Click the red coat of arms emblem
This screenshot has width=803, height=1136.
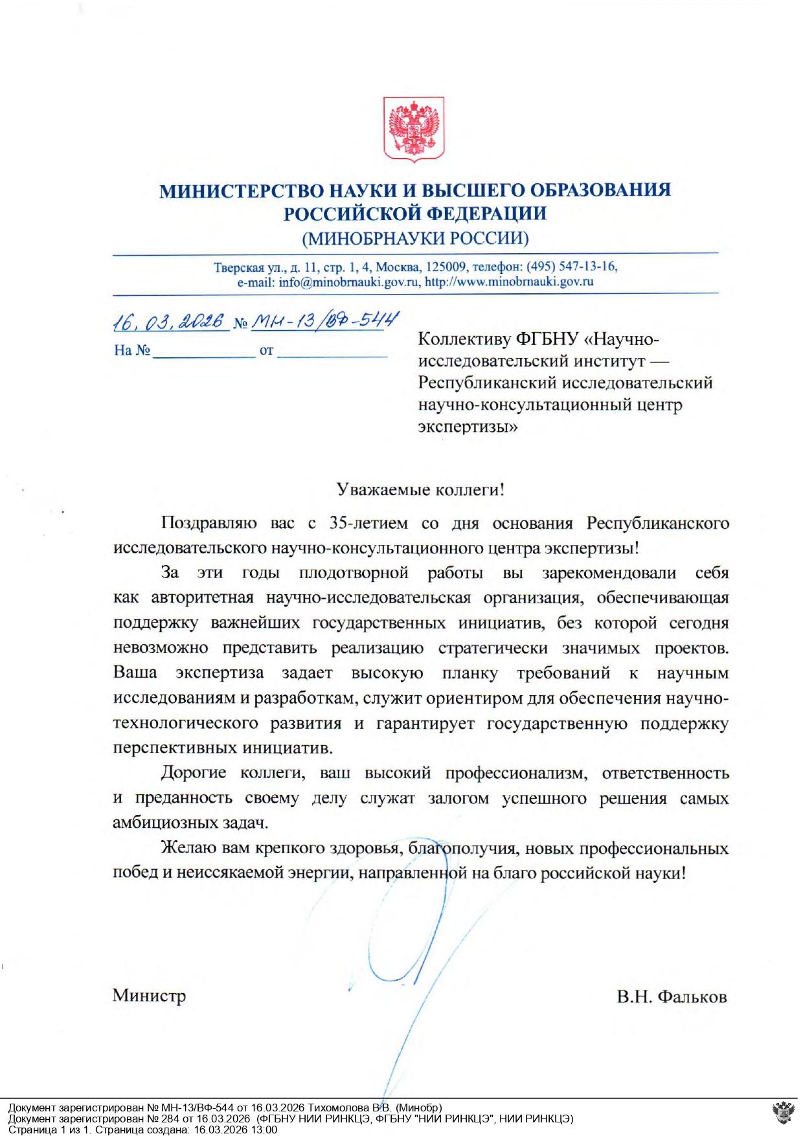click(x=414, y=128)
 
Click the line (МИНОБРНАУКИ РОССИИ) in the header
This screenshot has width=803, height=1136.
click(x=415, y=238)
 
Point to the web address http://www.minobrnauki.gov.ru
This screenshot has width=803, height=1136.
click(x=509, y=282)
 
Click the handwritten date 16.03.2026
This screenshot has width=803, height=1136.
click(x=168, y=322)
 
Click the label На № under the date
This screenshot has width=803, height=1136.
click(x=132, y=351)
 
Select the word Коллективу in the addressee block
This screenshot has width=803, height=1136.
click(x=464, y=339)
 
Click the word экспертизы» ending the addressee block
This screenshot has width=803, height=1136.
click(x=468, y=427)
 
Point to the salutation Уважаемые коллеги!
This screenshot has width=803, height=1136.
click(x=420, y=489)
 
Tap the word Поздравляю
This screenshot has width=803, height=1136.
click(x=209, y=523)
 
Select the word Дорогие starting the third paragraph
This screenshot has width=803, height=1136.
click(x=194, y=773)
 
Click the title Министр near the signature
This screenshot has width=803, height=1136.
click(x=149, y=996)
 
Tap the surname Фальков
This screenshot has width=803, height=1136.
click(x=692, y=997)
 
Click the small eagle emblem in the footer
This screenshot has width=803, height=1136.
click(x=784, y=1113)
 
